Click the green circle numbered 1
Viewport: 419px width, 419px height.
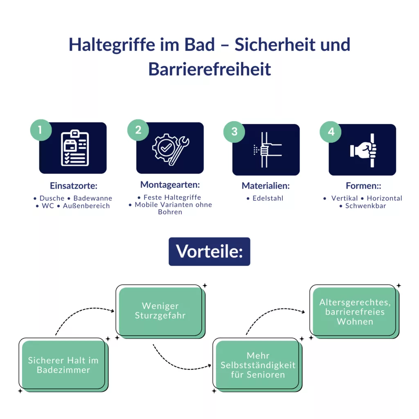(x=41, y=130)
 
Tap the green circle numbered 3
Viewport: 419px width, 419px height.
(x=234, y=132)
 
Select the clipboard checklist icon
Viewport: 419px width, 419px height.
(x=75, y=148)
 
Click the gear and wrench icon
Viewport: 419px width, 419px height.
(x=171, y=149)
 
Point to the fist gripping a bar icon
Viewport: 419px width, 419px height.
(x=364, y=150)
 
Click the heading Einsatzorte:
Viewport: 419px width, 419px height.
(x=74, y=186)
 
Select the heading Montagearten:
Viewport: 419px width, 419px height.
(x=170, y=185)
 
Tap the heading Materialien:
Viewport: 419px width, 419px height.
(x=266, y=186)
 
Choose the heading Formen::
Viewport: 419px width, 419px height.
(x=363, y=186)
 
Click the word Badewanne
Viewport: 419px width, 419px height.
(x=93, y=198)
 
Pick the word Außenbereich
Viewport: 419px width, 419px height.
(x=86, y=206)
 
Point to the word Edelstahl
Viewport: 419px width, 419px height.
(x=268, y=198)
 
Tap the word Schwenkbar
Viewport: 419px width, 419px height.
(x=365, y=206)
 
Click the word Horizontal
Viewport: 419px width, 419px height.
(x=384, y=198)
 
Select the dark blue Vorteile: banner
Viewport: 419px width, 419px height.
(x=209, y=252)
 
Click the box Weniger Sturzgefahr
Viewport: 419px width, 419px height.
(x=160, y=311)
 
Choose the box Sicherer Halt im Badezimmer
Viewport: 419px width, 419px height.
(x=63, y=365)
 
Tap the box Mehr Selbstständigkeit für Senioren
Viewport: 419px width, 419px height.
(x=258, y=365)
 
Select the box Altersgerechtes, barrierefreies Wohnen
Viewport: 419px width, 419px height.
(x=355, y=311)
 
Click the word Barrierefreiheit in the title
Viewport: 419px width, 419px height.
(x=210, y=69)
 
